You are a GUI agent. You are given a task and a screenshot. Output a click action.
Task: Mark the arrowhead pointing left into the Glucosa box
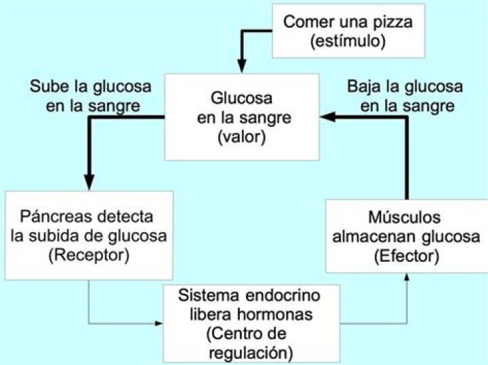328,117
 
